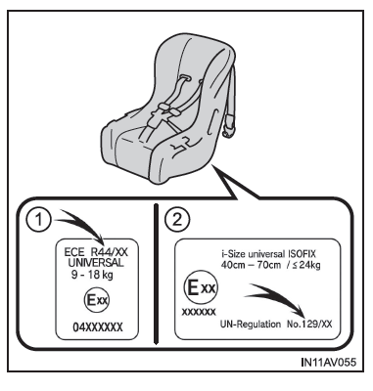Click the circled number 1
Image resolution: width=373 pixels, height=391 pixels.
tap(39, 220)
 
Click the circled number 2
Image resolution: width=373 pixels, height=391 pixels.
tap(177, 220)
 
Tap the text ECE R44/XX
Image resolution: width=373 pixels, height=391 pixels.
tap(96, 252)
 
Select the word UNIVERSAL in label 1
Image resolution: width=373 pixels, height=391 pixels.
tap(96, 263)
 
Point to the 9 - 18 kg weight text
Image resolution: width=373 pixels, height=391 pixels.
tap(92, 275)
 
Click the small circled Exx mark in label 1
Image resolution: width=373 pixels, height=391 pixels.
tap(97, 300)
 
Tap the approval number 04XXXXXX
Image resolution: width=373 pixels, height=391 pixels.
tap(98, 327)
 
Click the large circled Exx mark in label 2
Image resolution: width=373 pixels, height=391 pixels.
tap(201, 287)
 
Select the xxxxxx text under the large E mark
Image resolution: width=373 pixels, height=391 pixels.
tap(199, 312)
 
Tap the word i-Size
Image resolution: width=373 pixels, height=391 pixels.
tap(233, 254)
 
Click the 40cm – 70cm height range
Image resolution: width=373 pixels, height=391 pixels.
tap(251, 265)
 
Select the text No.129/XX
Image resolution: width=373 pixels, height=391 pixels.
tap(309, 325)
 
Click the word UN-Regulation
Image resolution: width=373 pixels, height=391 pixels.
tap(251, 325)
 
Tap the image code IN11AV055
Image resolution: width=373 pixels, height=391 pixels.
tap(329, 362)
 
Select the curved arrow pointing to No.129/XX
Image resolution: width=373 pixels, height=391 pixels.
tap(277, 296)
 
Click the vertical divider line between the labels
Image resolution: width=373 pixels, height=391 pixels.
tap(156, 274)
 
